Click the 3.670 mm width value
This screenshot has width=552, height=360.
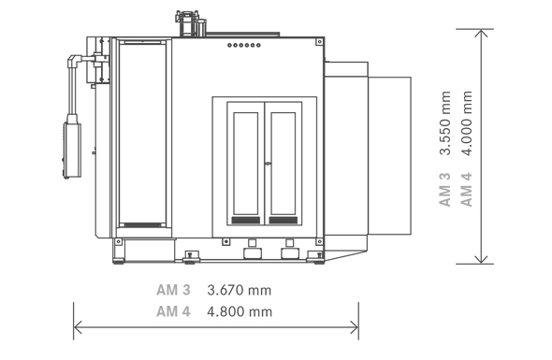[240, 290]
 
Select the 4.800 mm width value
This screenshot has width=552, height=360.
[240, 311]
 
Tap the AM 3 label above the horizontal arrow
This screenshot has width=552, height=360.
[173, 290]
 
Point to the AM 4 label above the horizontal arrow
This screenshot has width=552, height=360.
[173, 311]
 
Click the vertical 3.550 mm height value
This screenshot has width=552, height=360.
[445, 122]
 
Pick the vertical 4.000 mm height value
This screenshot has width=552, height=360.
[467, 122]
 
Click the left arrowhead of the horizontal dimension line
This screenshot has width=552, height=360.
[78, 327]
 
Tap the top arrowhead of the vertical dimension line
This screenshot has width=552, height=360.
[481, 33]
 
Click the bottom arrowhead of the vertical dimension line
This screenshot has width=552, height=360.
[481, 259]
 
